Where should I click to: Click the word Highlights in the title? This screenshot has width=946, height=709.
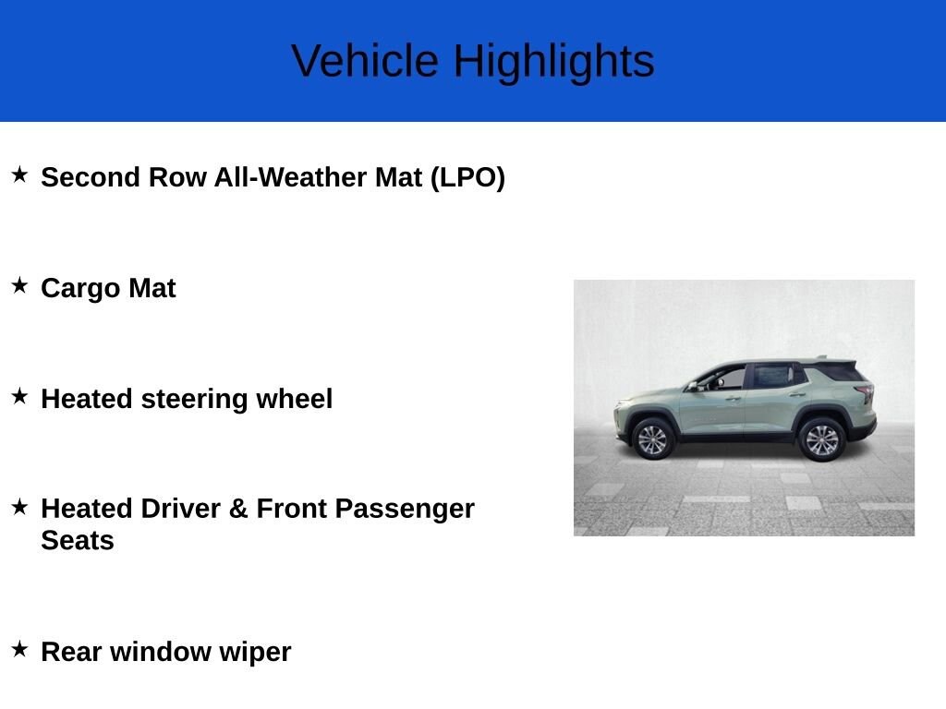pos(553,61)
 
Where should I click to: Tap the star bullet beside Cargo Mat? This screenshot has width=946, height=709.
pos(19,285)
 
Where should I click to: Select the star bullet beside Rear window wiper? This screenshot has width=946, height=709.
pos(19,649)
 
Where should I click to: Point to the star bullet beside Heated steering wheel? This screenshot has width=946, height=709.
pos(19,396)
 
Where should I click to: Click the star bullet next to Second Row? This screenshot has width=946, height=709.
pos(19,174)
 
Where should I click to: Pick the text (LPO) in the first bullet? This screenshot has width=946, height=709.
pos(467,177)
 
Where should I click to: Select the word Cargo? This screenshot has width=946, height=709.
pos(80,288)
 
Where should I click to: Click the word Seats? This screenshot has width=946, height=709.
pos(78,540)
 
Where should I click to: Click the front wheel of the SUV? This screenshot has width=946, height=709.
pos(652,439)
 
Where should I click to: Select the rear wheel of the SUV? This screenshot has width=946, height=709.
pos(821,439)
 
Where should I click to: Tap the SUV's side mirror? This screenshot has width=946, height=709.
pos(693,386)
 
